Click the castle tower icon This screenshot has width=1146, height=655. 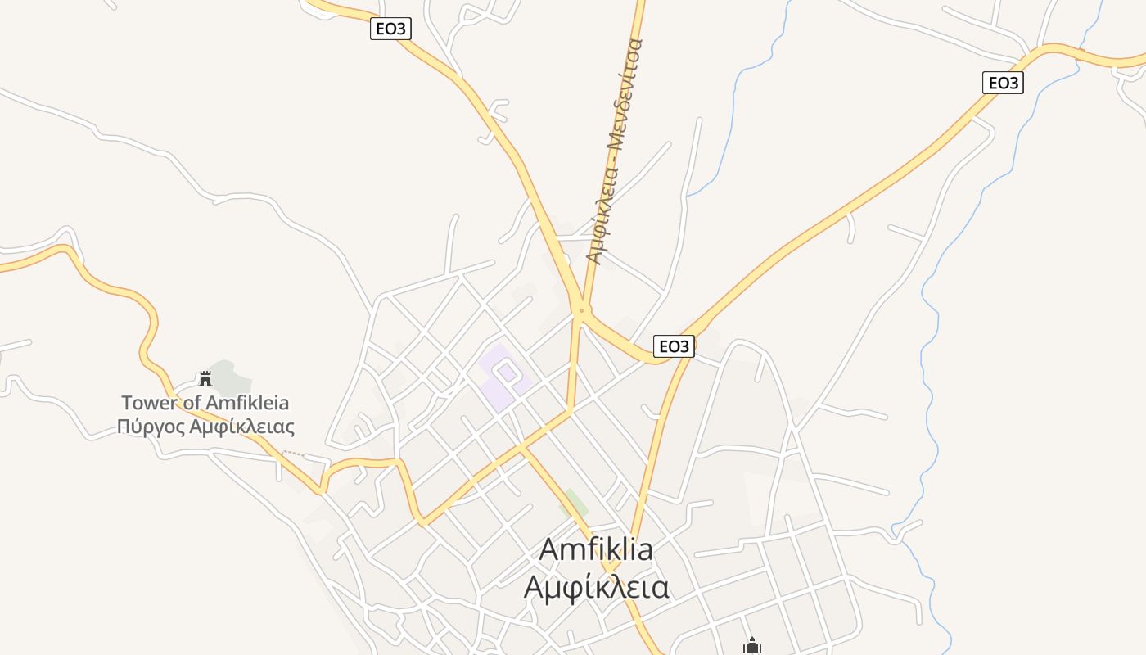tap(205, 378)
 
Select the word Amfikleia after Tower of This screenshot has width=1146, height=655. tap(247, 403)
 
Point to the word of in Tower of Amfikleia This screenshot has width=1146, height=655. tap(190, 403)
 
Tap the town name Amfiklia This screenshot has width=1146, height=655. tap(596, 549)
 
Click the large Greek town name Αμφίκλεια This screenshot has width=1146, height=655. tap(596, 587)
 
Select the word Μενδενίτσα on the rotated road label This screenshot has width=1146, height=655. tap(626, 90)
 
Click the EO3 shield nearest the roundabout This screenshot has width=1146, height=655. tap(674, 346)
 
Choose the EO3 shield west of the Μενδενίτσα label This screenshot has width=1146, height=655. tap(390, 29)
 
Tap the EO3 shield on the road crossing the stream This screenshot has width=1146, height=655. tap(1003, 83)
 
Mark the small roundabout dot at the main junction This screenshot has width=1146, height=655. tap(581, 310)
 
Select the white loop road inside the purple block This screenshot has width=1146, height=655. tap(507, 373)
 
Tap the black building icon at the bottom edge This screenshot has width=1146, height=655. tap(752, 646)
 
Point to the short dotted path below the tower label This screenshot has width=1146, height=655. tap(292, 453)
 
